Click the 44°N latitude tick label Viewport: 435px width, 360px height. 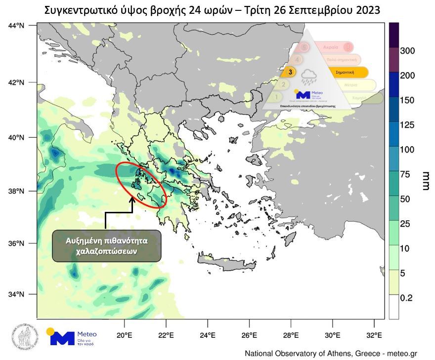[16, 25]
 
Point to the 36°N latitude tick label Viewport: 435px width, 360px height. [16, 243]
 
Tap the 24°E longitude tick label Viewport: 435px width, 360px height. [207, 336]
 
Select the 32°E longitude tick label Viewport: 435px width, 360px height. [375, 336]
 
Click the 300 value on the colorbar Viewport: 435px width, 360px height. [407, 51]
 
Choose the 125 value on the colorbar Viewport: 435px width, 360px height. [407, 125]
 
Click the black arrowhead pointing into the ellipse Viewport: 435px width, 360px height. [132, 200]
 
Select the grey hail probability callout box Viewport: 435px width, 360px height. [107, 246]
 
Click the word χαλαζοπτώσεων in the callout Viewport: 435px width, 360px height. [107, 251]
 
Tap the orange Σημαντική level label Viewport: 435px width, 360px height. [346, 72]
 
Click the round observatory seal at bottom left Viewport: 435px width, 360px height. [22, 338]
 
